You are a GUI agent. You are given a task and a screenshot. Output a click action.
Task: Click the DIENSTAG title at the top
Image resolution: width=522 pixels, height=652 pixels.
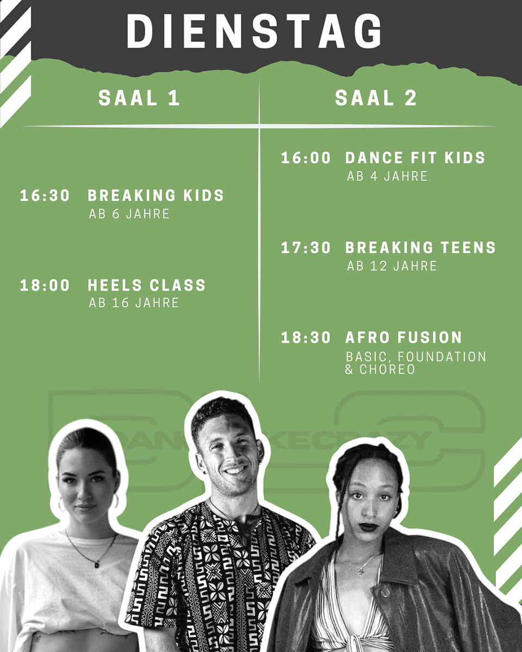(254, 31)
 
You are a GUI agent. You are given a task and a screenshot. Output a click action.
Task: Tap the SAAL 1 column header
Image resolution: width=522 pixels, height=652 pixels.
(139, 98)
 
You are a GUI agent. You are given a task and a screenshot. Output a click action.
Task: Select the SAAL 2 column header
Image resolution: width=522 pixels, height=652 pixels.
(376, 98)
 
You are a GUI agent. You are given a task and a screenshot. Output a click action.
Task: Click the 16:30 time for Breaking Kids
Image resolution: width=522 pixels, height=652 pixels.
(45, 196)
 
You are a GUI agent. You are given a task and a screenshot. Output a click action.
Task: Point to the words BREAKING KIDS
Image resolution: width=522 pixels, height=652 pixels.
(156, 196)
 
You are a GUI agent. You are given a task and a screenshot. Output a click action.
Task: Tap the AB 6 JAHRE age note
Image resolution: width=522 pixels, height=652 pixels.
(129, 214)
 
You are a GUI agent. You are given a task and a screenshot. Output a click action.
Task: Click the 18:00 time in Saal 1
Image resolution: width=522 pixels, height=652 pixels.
(45, 285)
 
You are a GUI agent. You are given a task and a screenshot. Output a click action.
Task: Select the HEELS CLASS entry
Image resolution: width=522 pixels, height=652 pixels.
(147, 285)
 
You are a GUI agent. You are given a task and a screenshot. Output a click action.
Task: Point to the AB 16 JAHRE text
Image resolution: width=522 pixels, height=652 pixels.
(134, 303)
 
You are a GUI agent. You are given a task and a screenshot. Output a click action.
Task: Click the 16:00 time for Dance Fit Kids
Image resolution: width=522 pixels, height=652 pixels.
(306, 158)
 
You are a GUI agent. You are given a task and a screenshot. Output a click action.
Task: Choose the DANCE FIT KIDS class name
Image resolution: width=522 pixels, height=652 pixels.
(415, 158)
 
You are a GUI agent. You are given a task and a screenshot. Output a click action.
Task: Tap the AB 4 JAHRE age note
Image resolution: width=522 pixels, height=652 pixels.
(387, 177)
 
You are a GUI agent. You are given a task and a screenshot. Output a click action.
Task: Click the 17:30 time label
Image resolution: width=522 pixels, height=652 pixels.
(306, 248)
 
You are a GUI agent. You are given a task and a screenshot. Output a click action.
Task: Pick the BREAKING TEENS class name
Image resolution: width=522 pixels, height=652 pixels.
(420, 248)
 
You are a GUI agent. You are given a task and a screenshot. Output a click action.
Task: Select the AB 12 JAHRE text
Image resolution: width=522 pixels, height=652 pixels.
(392, 266)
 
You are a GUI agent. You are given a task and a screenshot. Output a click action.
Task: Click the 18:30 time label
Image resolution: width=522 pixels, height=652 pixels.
(306, 337)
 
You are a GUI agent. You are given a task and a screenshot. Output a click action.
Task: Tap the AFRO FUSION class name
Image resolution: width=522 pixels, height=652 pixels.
(403, 337)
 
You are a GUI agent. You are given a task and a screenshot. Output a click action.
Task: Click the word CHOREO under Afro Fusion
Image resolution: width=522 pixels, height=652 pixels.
(387, 369)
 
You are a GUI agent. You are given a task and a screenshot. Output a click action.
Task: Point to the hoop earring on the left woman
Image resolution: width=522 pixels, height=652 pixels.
(116, 501)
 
